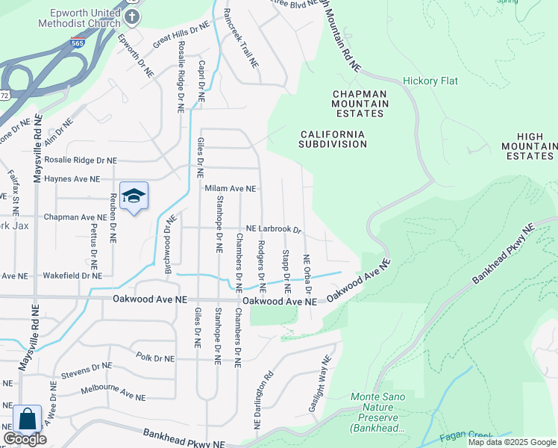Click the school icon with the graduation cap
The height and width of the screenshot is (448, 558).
coord(134,196)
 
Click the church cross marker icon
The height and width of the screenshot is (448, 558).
coord(132,16)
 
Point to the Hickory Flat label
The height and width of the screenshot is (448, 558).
coord(430,81)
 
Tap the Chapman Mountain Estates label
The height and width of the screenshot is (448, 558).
coord(359,103)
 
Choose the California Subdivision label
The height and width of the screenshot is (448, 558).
coord(333,139)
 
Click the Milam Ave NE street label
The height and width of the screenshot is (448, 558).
coord(231,190)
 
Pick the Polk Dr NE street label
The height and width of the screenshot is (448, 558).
coord(154,358)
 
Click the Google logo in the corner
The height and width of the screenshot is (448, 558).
coord(25,439)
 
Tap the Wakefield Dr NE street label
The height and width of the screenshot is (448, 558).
coord(72,276)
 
